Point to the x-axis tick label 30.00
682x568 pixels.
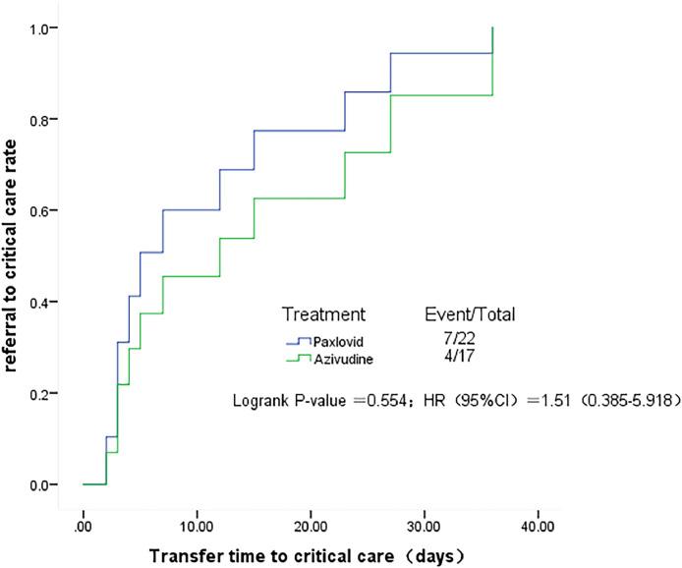424,514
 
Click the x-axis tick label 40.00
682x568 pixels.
538,514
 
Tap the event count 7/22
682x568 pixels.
458,338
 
